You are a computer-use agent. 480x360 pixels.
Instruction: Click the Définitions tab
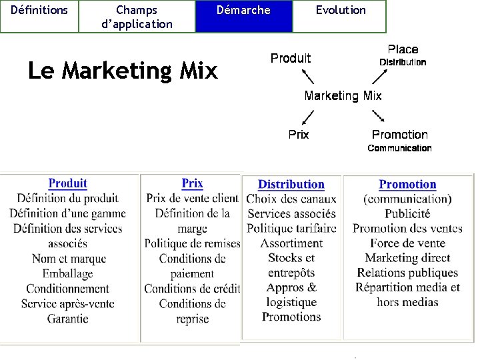pyautogui.click(x=39, y=10)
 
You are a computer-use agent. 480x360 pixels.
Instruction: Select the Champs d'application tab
pyautogui.click(x=137, y=17)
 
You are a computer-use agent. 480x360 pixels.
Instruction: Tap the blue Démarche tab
pyautogui.click(x=244, y=10)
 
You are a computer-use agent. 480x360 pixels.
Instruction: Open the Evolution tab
pyautogui.click(x=340, y=10)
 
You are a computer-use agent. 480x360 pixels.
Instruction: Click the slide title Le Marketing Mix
pyautogui.click(x=123, y=70)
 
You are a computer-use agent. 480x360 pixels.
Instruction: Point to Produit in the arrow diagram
pyautogui.click(x=291, y=58)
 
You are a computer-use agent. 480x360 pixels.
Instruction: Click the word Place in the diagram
pyautogui.click(x=403, y=49)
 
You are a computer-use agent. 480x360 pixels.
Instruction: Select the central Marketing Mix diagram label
pyautogui.click(x=343, y=96)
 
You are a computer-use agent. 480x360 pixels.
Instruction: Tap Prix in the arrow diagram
pyautogui.click(x=299, y=135)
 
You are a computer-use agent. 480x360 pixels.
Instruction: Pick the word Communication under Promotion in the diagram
pyautogui.click(x=399, y=148)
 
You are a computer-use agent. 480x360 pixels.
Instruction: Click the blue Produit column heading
pyautogui.click(x=68, y=183)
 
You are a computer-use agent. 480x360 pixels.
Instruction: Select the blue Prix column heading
pyautogui.click(x=192, y=183)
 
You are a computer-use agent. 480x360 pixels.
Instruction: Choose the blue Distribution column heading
pyautogui.click(x=291, y=185)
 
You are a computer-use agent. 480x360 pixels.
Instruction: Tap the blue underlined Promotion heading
pyautogui.click(x=407, y=185)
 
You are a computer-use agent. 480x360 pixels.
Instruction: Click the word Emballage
pyautogui.click(x=67, y=273)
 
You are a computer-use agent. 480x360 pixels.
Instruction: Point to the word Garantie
pyautogui.click(x=67, y=319)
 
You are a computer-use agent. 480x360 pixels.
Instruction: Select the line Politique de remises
pyautogui.click(x=192, y=243)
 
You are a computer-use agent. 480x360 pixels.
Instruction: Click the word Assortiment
pyautogui.click(x=291, y=243)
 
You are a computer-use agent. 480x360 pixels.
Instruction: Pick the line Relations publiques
pyautogui.click(x=407, y=273)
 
